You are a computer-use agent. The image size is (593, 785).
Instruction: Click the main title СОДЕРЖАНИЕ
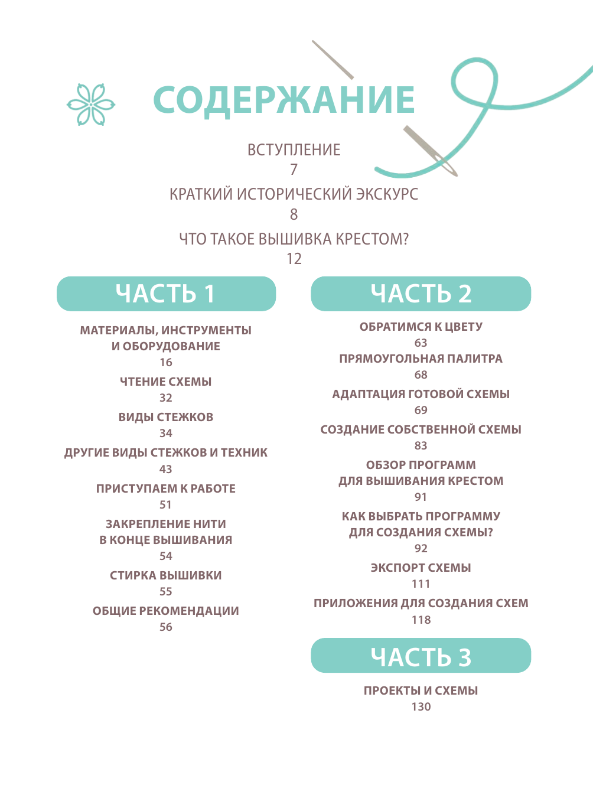pos(284,99)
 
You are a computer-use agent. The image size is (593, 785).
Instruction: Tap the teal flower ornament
pos(91,105)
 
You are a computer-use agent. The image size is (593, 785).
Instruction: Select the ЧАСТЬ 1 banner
pos(166,294)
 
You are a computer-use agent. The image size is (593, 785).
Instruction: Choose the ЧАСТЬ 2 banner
pos(421,294)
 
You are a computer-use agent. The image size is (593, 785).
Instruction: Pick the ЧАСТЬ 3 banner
pos(421,656)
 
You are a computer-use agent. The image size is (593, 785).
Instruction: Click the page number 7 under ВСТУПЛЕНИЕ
pos(294,170)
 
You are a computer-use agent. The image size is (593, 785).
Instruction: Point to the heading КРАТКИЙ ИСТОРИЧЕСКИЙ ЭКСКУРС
pos(294,194)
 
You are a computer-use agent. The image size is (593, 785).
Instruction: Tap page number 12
pos(294,259)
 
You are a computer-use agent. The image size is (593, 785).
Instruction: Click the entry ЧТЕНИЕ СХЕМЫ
pos(166,382)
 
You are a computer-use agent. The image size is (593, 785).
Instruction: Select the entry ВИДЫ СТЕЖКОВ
pos(166,417)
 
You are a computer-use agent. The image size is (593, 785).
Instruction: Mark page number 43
pos(166,469)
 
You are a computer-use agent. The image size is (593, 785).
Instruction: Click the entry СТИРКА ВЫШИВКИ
pos(166,575)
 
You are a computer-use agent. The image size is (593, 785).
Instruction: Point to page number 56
pos(166,627)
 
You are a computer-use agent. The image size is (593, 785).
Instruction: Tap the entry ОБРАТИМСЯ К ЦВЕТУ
pos(421,327)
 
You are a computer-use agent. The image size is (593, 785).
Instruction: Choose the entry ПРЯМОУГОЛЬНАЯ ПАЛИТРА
pos(421,359)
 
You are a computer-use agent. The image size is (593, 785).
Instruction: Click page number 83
pos(421,446)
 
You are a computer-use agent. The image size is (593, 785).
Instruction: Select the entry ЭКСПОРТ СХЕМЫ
pos(421,568)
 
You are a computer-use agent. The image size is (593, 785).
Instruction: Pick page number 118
pos(421,620)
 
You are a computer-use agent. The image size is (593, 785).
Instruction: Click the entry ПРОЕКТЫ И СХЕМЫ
pos(421,690)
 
